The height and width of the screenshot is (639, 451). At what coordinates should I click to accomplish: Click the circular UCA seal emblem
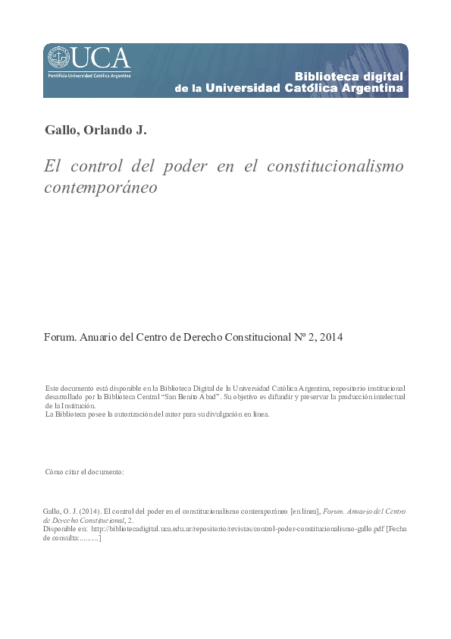click(59, 57)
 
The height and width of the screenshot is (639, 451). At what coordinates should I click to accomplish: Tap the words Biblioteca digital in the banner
click(348, 77)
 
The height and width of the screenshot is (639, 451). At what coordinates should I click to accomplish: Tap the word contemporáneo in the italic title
click(101, 187)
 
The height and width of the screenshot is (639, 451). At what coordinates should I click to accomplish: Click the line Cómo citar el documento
click(84, 472)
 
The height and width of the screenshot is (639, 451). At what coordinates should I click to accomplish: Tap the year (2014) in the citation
click(85, 512)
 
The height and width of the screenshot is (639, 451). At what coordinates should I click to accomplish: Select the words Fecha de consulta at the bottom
click(394, 530)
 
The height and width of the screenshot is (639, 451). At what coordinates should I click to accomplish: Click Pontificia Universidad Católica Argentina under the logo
click(89, 75)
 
